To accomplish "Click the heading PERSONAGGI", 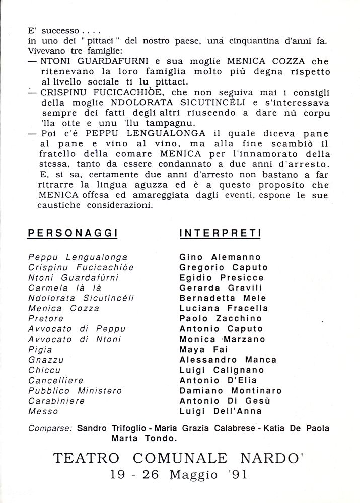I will tap(72, 233).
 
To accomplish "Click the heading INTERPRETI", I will tap(220, 233).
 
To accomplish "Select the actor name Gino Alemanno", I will tap(221, 257).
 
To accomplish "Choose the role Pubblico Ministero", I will tap(75, 390).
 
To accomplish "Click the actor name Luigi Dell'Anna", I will tap(221, 411).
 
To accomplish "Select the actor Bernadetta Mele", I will tap(223, 298).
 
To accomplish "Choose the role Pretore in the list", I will tap(46, 318).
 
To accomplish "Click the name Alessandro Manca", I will tap(228, 360).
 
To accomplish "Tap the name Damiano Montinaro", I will tap(230, 390).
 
